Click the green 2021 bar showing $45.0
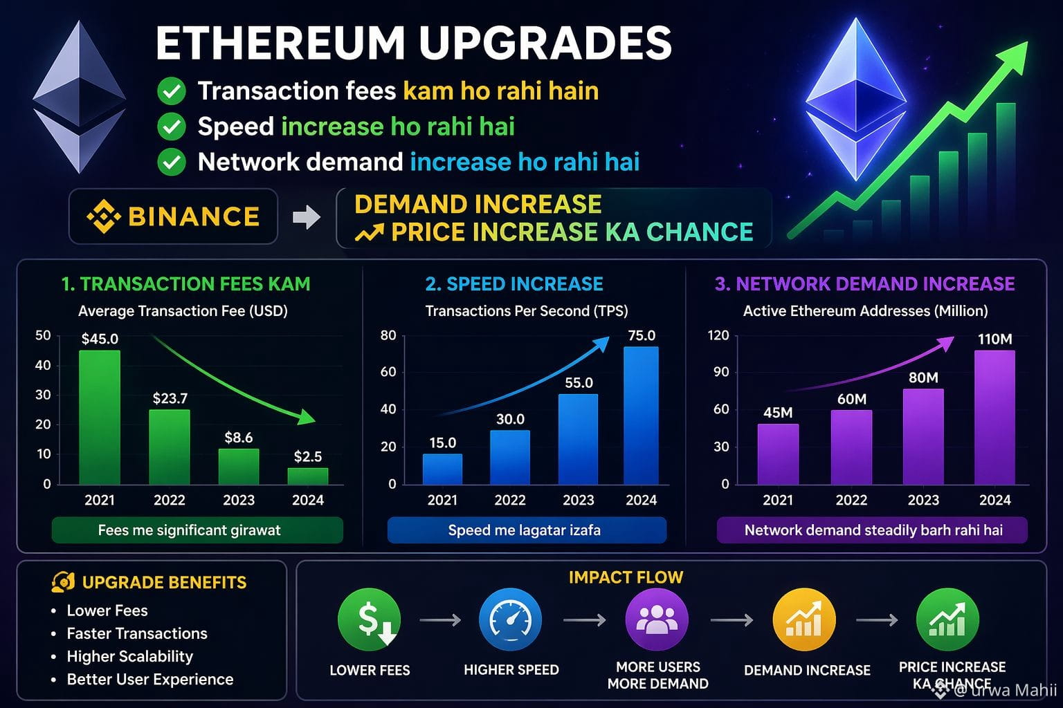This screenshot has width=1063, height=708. (100, 418)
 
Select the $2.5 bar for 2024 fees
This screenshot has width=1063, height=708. (308, 476)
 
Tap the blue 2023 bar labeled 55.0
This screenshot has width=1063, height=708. (578, 439)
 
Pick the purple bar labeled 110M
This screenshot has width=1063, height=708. (994, 418)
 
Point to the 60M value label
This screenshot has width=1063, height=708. (852, 399)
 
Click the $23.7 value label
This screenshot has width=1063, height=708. (170, 398)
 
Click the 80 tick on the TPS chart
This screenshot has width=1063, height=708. (388, 335)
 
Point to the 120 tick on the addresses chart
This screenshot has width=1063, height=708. (718, 335)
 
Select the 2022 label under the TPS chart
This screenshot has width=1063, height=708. (510, 500)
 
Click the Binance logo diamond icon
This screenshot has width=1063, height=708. (104, 216)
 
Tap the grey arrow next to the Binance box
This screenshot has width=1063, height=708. (307, 217)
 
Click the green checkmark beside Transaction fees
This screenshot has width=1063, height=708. (172, 91)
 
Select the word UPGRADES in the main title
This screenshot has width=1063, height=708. (545, 43)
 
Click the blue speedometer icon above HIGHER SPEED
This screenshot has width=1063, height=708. (511, 619)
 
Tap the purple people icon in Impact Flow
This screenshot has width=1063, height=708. (657, 619)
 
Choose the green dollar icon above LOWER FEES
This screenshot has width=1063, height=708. (369, 619)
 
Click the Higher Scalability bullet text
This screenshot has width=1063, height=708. (130, 656)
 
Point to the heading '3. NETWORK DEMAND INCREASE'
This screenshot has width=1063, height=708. (864, 283)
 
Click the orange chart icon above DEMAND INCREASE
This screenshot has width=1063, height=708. (804, 619)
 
